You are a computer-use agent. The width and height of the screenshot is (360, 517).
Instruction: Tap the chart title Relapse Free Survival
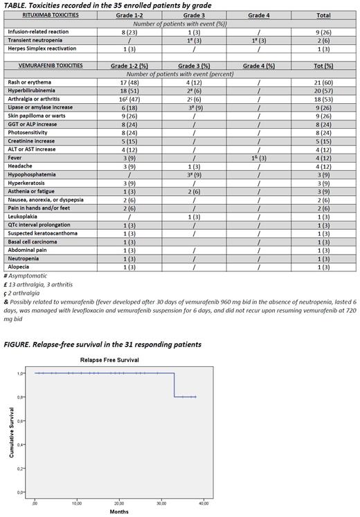(x=109, y=361)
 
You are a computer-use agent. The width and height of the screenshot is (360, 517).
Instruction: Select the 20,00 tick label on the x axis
(x=120, y=502)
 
